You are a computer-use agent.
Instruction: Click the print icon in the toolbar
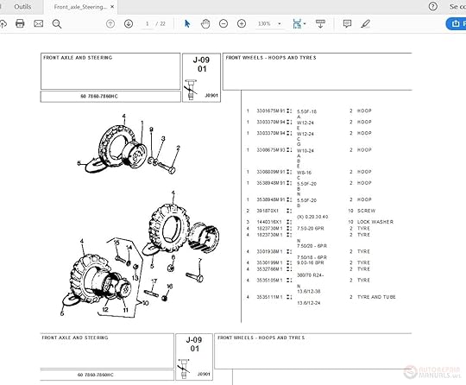[x=20, y=24]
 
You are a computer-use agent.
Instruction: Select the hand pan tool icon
[x=205, y=24]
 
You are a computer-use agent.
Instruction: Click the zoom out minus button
[x=224, y=24]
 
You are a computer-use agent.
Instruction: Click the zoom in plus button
[x=242, y=24]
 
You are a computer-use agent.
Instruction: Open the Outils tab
[x=23, y=6]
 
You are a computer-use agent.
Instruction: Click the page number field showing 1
[x=148, y=24]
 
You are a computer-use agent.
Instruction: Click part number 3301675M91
[x=271, y=110]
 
